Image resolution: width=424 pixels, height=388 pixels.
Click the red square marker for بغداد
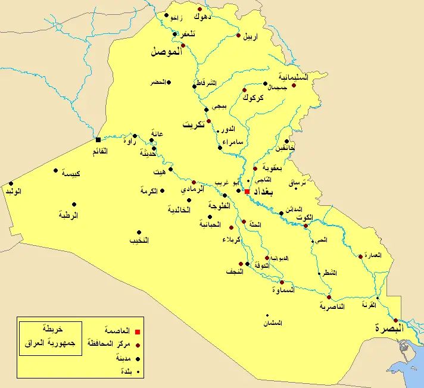[247, 192]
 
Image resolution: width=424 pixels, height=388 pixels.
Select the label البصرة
[389, 328]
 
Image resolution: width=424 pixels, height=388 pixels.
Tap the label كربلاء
[231, 239]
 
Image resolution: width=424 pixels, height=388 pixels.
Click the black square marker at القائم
[98, 140]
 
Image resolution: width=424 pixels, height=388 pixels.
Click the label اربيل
[251, 36]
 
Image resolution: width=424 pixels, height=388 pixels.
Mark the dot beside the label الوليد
[11, 183]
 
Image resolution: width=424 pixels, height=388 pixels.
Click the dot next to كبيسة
[56, 170]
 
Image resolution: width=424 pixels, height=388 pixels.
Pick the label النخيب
[139, 241]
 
